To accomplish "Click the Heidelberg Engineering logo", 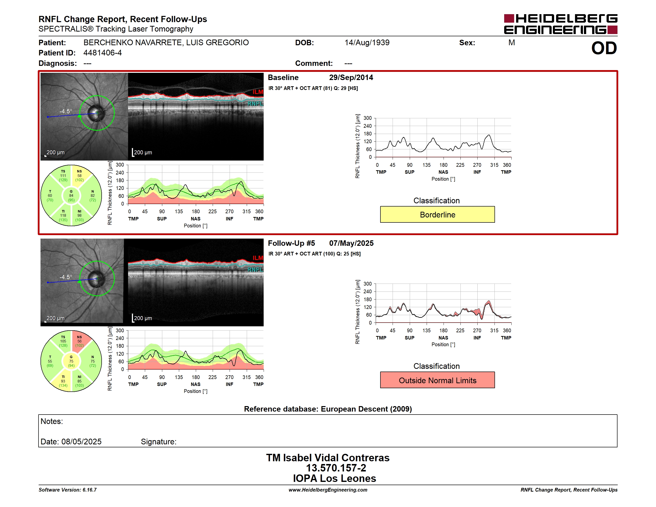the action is click(561, 24).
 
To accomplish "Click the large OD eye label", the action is click(604, 48).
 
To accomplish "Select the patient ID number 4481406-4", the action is click(102, 53).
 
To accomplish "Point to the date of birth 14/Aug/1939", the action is click(367, 43).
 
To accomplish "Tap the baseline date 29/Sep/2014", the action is click(351, 78).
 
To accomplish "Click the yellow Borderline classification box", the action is click(437, 214).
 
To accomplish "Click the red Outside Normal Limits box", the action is click(437, 380).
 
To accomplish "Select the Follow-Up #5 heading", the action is click(291, 243).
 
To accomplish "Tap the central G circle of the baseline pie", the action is click(71, 196).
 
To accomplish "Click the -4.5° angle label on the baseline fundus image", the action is click(66, 111).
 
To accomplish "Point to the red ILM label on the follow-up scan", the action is click(258, 258).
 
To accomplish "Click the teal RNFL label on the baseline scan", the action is click(255, 104).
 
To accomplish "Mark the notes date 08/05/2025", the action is click(82, 442).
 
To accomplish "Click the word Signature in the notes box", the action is click(158, 442).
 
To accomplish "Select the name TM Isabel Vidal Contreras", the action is click(328, 458).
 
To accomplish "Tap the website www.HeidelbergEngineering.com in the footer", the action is click(328, 490).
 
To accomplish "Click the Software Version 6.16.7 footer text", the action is click(68, 490).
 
